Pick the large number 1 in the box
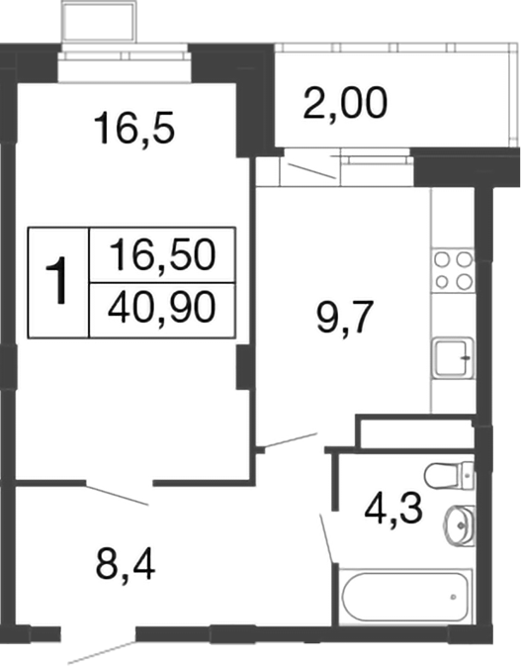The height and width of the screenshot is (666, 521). coord(59,281)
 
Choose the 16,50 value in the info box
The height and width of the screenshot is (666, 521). coord(162,256)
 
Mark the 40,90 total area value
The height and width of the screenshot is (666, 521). coord(162,308)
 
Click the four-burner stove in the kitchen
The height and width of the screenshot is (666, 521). coord(454,270)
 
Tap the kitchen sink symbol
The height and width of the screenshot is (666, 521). coord(454,356)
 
